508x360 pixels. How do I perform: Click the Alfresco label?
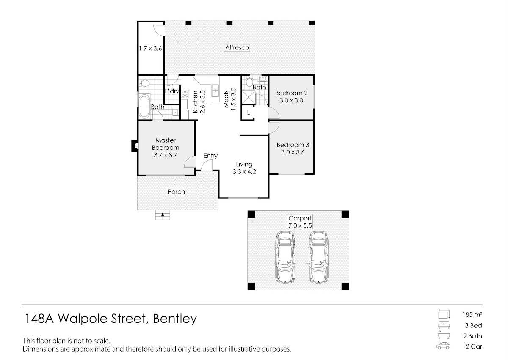pyautogui.click(x=237, y=48)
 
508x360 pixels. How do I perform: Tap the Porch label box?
pyautogui.click(x=176, y=192)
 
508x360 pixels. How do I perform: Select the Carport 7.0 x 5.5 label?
pyautogui.click(x=300, y=222)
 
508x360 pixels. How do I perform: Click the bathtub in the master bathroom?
pyautogui.click(x=144, y=107)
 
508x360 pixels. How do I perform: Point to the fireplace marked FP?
pyautogui.click(x=135, y=146)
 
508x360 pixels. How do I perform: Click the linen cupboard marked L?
pyautogui.click(x=248, y=113)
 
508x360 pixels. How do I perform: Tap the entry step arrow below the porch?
pyautogui.click(x=163, y=214)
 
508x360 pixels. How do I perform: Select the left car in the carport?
pyautogui.click(x=285, y=257)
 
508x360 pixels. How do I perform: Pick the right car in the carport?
pyautogui.click(x=319, y=257)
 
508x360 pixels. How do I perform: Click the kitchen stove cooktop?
pyautogui.click(x=185, y=94)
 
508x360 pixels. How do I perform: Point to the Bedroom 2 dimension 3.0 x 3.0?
pyautogui.click(x=291, y=100)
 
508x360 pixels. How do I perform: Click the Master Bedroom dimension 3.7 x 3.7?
pyautogui.click(x=166, y=155)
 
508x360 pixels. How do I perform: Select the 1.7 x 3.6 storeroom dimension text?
pyautogui.click(x=150, y=49)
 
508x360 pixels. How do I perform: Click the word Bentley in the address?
pyautogui.click(x=175, y=319)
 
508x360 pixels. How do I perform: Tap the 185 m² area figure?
pyautogui.click(x=472, y=314)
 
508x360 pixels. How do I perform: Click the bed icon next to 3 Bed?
pyautogui.click(x=444, y=325)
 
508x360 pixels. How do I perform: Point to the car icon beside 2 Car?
pyautogui.click(x=443, y=346)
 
